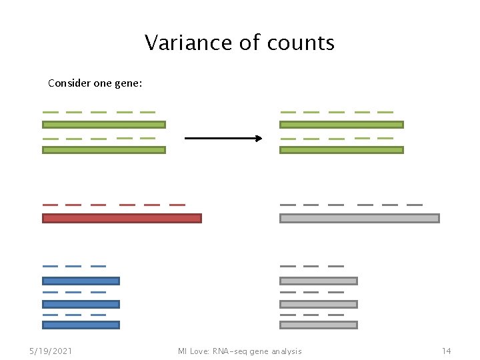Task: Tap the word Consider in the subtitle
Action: point(69,84)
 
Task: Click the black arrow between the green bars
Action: point(223,139)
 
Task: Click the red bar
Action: point(121,218)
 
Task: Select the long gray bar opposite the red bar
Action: point(359,218)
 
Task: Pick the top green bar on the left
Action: point(103,125)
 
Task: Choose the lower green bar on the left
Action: point(103,150)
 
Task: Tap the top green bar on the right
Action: point(341,125)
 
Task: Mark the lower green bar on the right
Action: point(341,150)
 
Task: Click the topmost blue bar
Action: point(81,281)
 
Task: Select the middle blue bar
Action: point(81,304)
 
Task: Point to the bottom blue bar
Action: point(81,325)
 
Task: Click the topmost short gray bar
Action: point(319,281)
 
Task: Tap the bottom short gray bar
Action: point(319,325)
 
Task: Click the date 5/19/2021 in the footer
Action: point(51,351)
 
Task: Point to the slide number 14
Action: point(446,351)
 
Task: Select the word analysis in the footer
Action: point(285,351)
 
